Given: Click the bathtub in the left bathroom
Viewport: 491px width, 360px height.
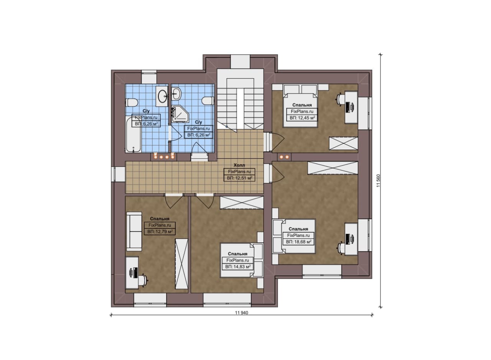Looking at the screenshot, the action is [x=133, y=134].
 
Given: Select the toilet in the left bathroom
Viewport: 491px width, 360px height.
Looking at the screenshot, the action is [x=132, y=102].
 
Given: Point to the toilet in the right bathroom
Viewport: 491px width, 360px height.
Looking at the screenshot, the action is [x=208, y=101].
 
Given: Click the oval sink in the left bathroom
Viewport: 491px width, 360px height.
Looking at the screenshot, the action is [x=162, y=96].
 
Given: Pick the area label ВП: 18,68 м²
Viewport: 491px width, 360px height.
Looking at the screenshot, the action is [x=298, y=242].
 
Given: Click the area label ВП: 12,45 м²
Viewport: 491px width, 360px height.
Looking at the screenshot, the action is [x=302, y=118].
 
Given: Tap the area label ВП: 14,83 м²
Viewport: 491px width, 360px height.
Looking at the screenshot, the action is [x=238, y=267].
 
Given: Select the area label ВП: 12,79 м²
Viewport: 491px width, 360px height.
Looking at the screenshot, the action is [x=160, y=232].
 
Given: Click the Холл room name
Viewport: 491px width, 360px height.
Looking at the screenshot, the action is [x=239, y=165].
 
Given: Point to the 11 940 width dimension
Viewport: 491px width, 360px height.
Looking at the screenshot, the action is [x=242, y=313].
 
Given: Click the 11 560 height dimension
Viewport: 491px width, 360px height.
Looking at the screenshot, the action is [x=378, y=181].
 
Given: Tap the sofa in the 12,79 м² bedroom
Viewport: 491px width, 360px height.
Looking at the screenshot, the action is [x=134, y=232].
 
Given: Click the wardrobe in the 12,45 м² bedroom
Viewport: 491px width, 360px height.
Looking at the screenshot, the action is [x=343, y=143].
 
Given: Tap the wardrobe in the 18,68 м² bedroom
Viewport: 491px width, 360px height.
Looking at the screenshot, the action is [x=333, y=168].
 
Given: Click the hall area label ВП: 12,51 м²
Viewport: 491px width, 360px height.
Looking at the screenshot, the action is [x=239, y=178].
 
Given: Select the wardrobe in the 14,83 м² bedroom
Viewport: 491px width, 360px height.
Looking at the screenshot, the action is [x=242, y=203].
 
